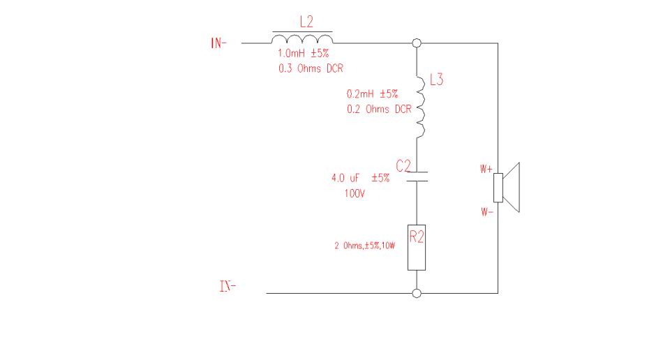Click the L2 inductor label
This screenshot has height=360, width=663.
[x=306, y=22]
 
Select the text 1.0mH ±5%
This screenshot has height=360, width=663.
[x=303, y=53]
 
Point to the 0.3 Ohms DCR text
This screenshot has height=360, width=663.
[x=311, y=68]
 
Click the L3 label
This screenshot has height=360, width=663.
[x=436, y=80]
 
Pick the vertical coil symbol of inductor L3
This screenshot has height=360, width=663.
[x=420, y=107]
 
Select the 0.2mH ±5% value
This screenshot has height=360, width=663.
[x=372, y=93]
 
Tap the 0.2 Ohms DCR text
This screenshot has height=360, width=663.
[x=379, y=109]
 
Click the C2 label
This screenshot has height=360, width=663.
[x=403, y=165]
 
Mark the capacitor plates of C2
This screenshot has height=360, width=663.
[x=417, y=177]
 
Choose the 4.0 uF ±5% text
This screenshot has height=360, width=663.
[x=360, y=178]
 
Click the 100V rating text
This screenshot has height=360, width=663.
[x=355, y=193]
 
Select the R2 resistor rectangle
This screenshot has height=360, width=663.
[x=417, y=247]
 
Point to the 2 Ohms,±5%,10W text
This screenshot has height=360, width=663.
[x=364, y=246]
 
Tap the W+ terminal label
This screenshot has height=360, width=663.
[x=486, y=169]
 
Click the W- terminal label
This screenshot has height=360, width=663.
[x=487, y=211]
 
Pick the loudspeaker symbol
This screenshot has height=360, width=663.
[x=507, y=187]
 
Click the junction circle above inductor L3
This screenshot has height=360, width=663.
[x=417, y=43]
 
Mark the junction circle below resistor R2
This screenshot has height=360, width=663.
[x=417, y=293]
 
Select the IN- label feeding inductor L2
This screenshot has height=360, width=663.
[x=218, y=43]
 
